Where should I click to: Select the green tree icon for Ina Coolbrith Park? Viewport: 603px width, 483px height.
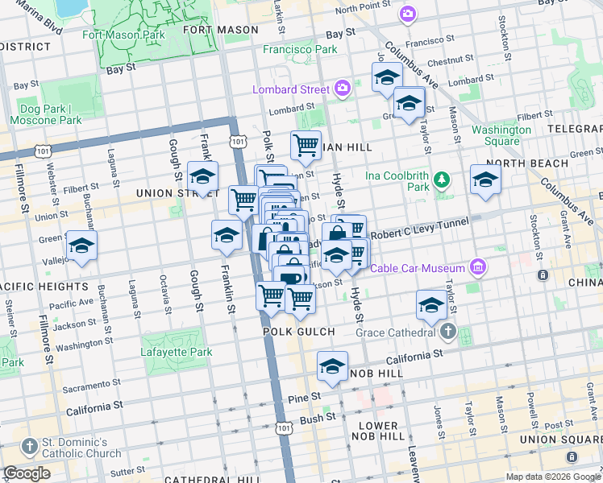(x=441, y=179)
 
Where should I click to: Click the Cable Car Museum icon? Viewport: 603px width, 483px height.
(x=477, y=267)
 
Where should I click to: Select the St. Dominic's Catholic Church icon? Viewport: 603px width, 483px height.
(x=30, y=445)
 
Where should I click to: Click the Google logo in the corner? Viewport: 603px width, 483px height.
(x=27, y=473)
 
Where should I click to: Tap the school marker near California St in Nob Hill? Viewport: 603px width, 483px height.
(x=332, y=366)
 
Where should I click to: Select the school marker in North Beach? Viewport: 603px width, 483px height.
(x=485, y=180)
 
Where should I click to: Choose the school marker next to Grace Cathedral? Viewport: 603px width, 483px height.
(x=431, y=305)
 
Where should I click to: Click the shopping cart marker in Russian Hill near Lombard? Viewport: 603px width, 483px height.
(x=306, y=146)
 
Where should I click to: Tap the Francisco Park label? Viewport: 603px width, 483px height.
(x=300, y=49)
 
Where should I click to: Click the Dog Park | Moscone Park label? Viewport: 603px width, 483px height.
(x=46, y=114)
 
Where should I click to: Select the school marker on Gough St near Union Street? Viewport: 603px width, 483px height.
(x=202, y=176)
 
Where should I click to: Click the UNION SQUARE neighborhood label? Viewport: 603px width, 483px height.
(x=561, y=438)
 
